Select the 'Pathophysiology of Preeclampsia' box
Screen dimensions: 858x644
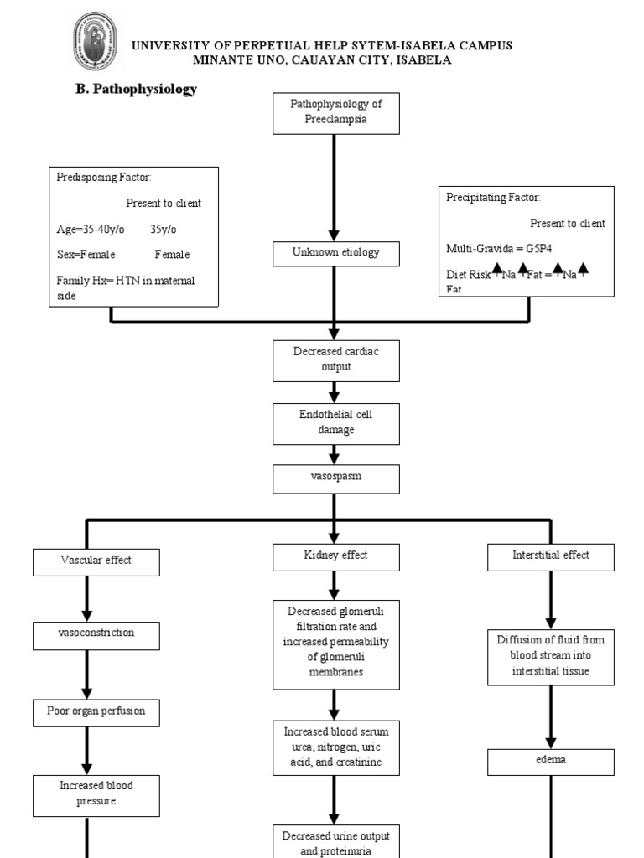[335, 113]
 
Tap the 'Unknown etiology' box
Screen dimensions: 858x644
[335, 253]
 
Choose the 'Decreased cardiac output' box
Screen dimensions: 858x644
[335, 359]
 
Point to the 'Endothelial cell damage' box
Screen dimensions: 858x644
[335, 422]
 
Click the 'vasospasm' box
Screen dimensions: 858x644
[335, 479]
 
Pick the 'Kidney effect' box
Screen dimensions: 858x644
[335, 556]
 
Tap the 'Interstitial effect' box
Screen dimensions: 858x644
[551, 556]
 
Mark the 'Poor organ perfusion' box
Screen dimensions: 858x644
[96, 711]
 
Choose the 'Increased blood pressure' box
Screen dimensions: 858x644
[96, 794]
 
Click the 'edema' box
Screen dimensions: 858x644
[551, 762]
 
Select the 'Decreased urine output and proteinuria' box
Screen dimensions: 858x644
[335, 842]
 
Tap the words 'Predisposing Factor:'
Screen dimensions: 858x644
[104, 178]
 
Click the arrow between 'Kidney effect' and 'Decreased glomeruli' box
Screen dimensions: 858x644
[335, 584]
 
